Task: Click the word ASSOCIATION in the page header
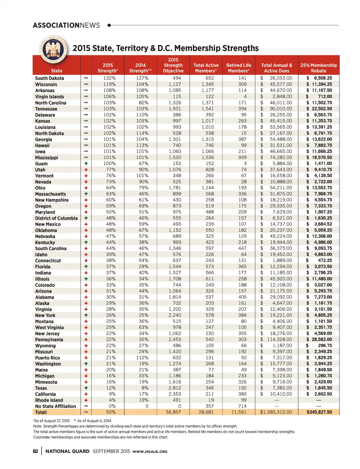(x=56, y=25)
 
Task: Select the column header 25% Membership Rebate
(x=319, y=68)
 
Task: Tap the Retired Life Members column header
(x=239, y=68)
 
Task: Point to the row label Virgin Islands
(x=50, y=97)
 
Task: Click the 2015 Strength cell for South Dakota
(x=109, y=78)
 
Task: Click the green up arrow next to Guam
(x=86, y=163)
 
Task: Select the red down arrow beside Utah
(x=86, y=170)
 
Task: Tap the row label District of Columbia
(x=56, y=218)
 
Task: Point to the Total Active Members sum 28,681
(x=206, y=412)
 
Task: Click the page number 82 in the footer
(x=36, y=451)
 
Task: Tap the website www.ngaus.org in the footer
(x=150, y=452)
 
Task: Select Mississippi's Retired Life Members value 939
(x=242, y=158)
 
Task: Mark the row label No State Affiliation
(x=56, y=406)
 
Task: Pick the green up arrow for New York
(x=86, y=315)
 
